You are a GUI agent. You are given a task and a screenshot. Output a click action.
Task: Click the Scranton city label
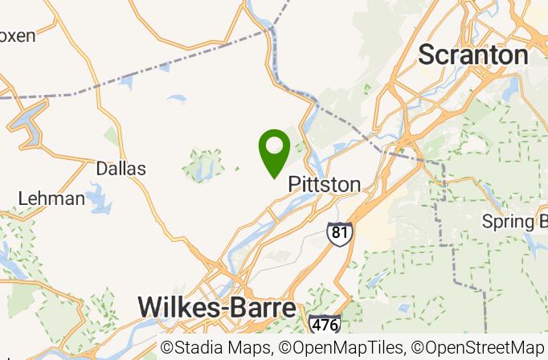[473, 55]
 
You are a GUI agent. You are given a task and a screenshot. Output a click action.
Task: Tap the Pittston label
[324, 184]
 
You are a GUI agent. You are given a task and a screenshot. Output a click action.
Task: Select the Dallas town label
[121, 169]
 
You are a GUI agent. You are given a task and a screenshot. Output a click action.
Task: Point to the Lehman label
[51, 198]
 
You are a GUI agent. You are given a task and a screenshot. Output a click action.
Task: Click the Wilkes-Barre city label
[216, 307]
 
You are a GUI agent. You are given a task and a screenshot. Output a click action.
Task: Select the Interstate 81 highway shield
[339, 233]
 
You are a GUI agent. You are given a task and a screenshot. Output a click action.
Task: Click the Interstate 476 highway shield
[324, 323]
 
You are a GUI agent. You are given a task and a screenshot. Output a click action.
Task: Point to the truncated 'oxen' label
[18, 35]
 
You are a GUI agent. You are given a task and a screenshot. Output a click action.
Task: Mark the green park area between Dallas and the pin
[202, 165]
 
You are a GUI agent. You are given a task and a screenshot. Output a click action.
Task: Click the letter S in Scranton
[427, 55]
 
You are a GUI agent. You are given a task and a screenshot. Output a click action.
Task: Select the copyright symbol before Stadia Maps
[167, 347]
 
